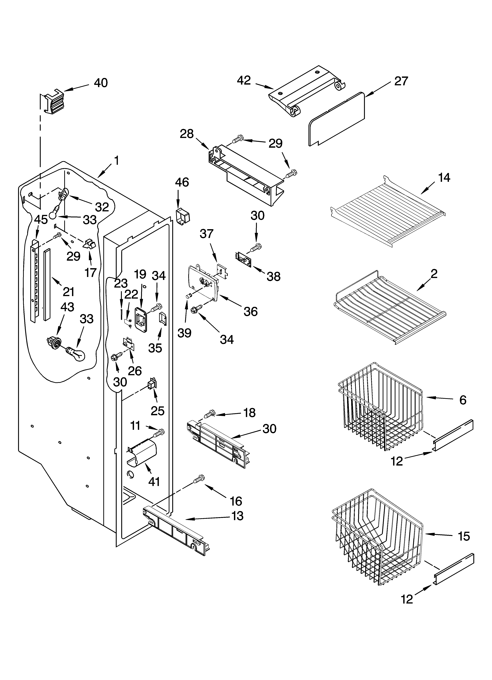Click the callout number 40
point(101,83)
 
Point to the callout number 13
point(237,516)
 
